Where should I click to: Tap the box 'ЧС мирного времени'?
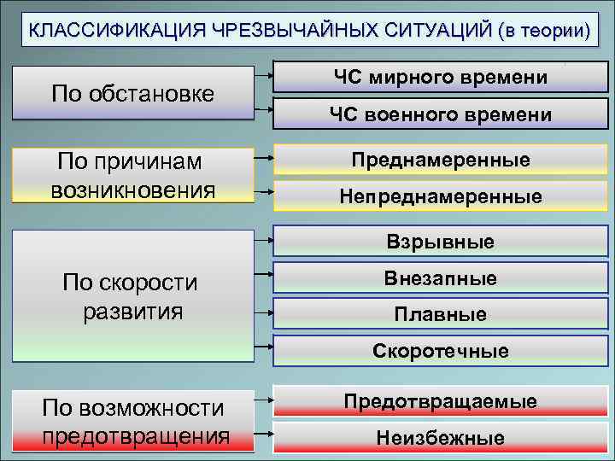(441, 78)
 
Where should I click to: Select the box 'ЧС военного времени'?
(441, 114)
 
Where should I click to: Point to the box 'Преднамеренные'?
(441, 160)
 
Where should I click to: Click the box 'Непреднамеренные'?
(441, 196)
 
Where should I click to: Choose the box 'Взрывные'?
(441, 242)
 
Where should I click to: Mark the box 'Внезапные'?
(441, 278)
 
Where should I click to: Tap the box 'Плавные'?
(441, 314)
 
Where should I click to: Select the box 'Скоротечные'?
(441, 351)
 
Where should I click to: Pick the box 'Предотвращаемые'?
(441, 401)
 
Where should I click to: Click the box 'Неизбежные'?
(441, 438)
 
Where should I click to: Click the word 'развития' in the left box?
(132, 310)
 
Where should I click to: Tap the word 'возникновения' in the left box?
(132, 189)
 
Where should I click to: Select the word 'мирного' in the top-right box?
(416, 78)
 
